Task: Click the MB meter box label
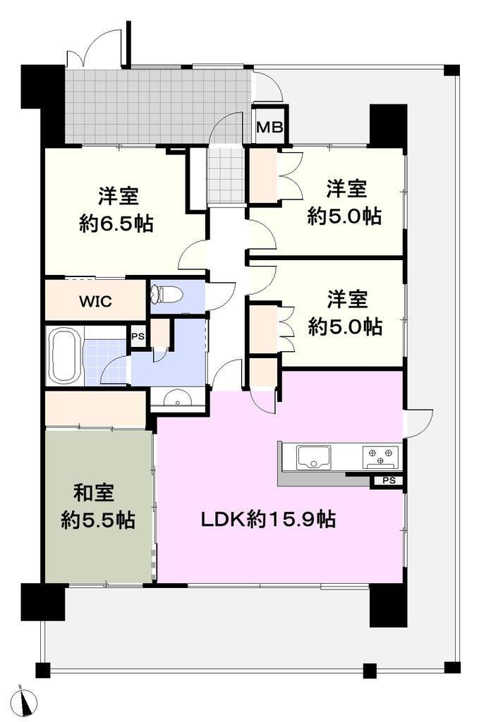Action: (x=269, y=127)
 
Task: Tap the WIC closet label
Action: (x=95, y=302)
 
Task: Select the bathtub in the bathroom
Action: (x=63, y=355)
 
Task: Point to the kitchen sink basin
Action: (x=313, y=456)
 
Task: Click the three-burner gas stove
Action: (x=380, y=457)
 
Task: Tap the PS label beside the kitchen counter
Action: (x=389, y=481)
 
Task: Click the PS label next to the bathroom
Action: (x=138, y=336)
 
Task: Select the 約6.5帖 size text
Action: (x=116, y=224)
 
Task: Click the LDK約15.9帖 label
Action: (x=267, y=520)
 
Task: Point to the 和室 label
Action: (x=94, y=493)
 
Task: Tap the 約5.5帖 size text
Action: (x=98, y=520)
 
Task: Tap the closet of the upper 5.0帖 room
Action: (x=263, y=176)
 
